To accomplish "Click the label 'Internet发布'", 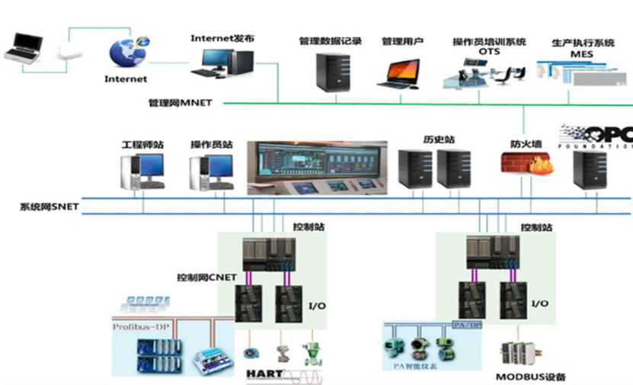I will coord(222,37).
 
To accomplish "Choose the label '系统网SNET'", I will coord(50,207).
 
